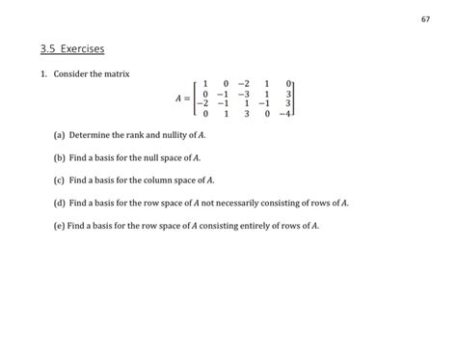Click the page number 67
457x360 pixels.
[425, 20]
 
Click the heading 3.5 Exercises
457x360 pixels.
[72, 47]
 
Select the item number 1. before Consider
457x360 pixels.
[44, 74]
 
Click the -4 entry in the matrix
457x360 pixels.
[283, 113]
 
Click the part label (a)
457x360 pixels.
[60, 135]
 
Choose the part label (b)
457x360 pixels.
[60, 157]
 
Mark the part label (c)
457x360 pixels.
[60, 180]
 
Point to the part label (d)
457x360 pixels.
[60, 203]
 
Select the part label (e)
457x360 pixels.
[60, 225]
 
